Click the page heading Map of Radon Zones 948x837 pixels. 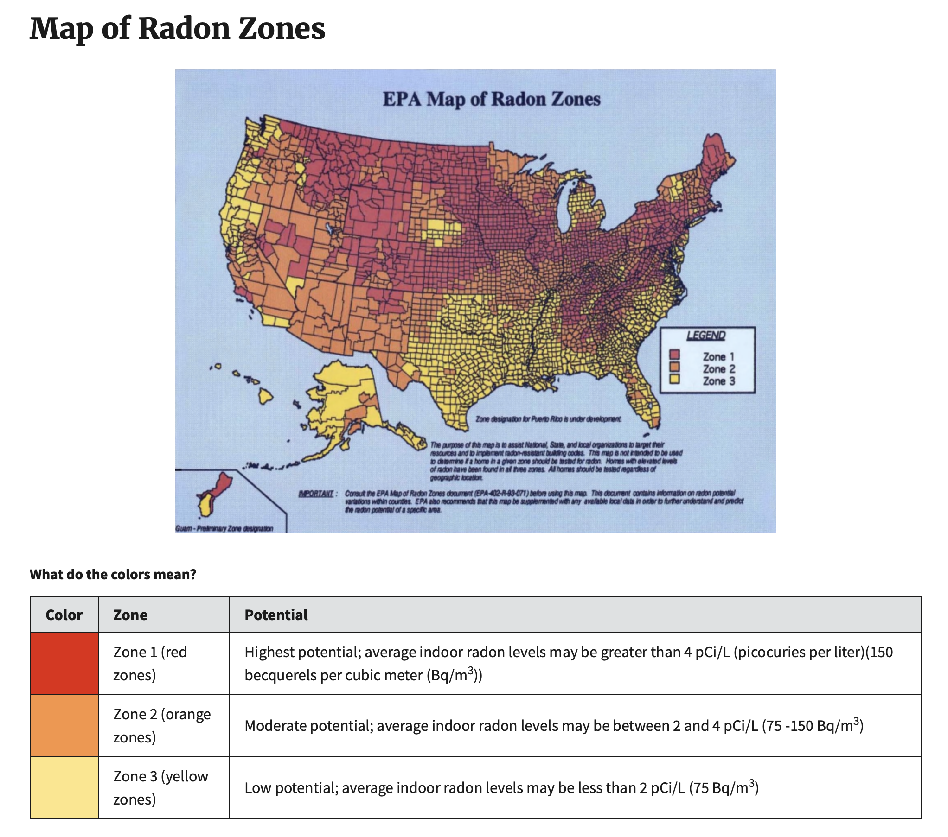click(177, 29)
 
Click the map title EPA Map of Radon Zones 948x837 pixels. click(491, 99)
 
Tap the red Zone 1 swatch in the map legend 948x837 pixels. click(674, 355)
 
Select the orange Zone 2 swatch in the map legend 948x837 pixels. click(674, 368)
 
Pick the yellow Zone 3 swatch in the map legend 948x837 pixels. click(674, 380)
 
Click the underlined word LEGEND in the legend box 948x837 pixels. click(705, 336)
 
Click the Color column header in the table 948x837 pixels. click(64, 615)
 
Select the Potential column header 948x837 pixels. click(276, 615)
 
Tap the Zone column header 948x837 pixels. click(130, 615)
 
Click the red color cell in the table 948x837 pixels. click(64, 664)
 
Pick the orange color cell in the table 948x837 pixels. click(64, 726)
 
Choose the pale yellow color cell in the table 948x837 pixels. click(64, 788)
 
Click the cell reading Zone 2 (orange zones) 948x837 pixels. click(162, 726)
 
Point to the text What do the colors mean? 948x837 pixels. click(113, 575)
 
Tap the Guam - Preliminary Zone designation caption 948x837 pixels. click(224, 529)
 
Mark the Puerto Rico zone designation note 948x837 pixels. click(547, 419)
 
